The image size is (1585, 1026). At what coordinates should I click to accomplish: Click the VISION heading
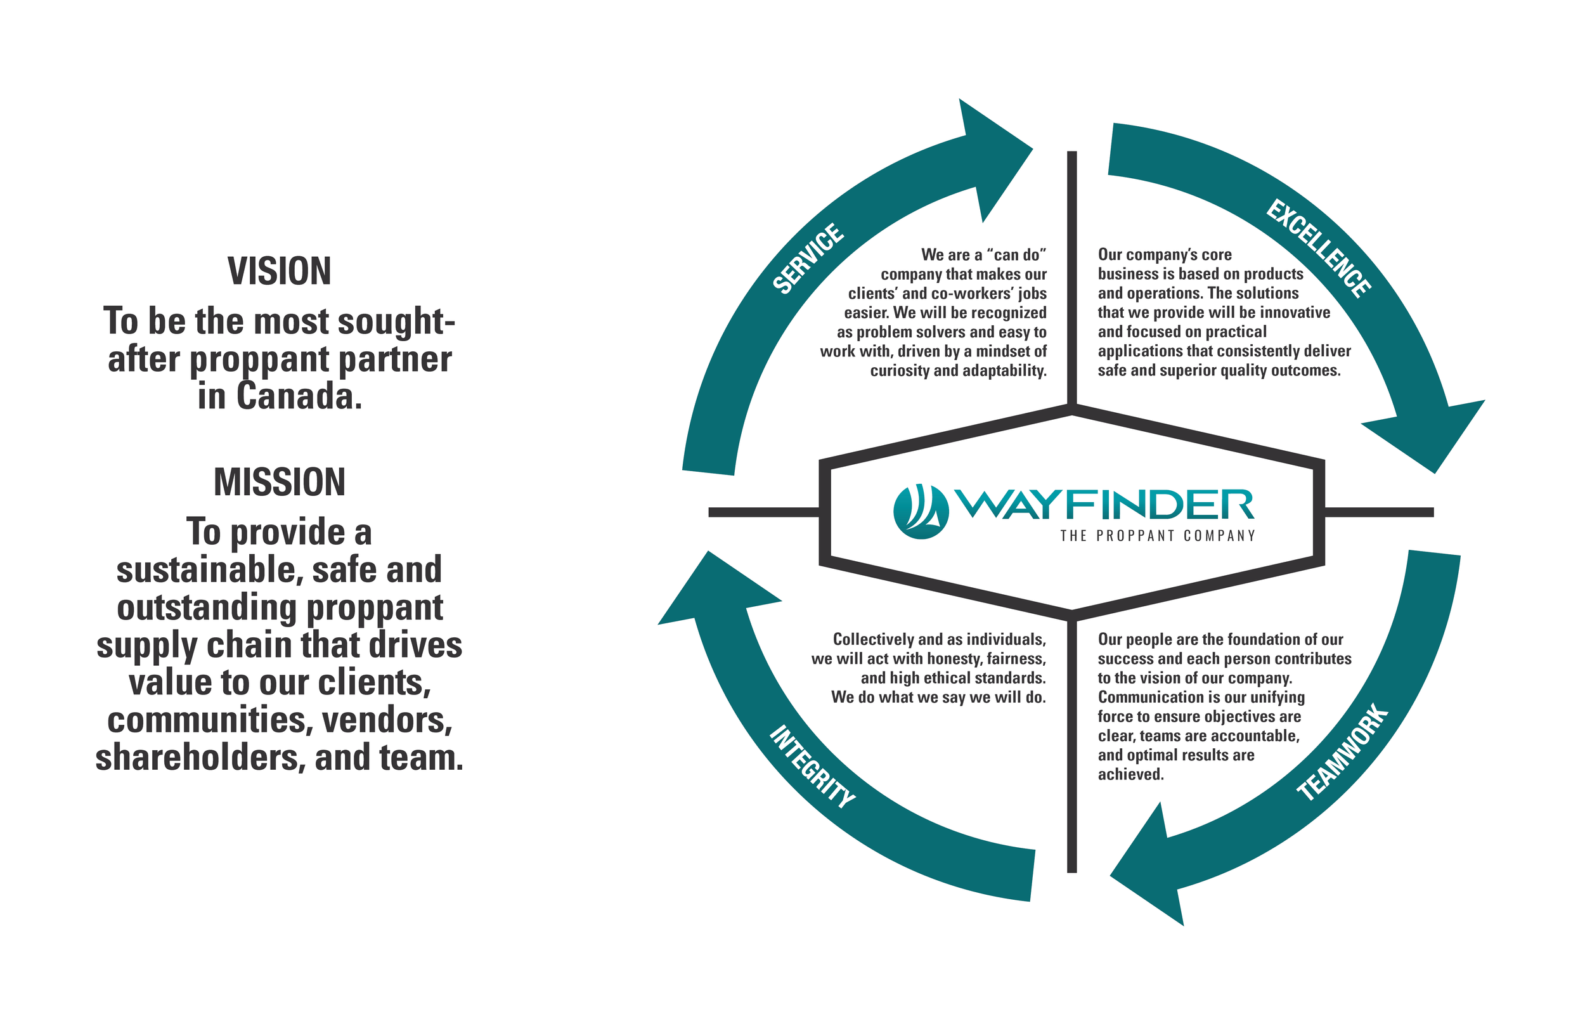pyautogui.click(x=279, y=271)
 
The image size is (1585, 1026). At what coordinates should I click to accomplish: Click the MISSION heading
pyautogui.click(x=279, y=482)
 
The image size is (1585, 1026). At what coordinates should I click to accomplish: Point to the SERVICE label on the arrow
pyautogui.click(x=808, y=259)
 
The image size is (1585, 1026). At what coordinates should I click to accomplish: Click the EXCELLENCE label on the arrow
pyautogui.click(x=1319, y=248)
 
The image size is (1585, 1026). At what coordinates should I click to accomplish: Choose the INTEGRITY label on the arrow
pyautogui.click(x=812, y=767)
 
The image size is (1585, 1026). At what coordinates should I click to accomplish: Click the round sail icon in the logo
pyautogui.click(x=921, y=512)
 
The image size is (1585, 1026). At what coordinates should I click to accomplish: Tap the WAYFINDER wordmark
pyautogui.click(x=1105, y=504)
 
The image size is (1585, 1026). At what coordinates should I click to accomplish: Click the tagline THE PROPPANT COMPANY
pyautogui.click(x=1158, y=536)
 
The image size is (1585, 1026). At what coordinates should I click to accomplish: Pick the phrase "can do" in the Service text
pyautogui.click(x=1016, y=255)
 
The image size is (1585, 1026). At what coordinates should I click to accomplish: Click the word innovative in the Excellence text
pyautogui.click(x=1293, y=313)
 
